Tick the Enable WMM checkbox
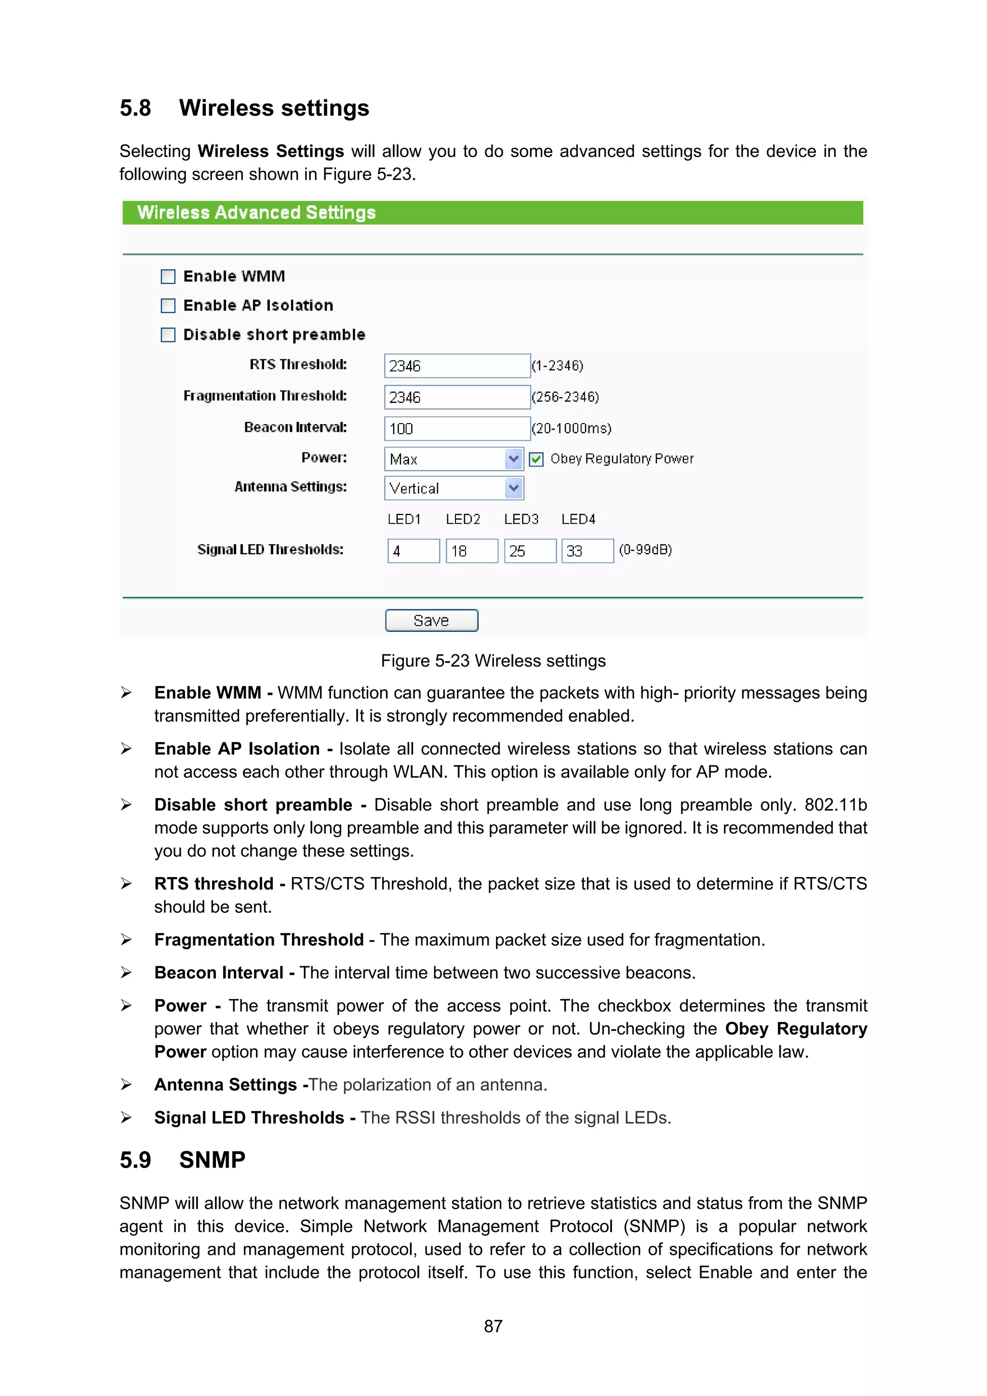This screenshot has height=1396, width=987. (168, 277)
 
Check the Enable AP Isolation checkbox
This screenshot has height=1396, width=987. (168, 306)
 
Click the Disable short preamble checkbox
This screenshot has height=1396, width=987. (168, 335)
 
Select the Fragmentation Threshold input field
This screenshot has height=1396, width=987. (457, 398)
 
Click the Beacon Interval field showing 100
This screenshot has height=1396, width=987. (457, 429)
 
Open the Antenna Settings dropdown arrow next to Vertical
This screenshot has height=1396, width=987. (514, 488)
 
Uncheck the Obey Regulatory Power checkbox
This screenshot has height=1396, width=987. (536, 460)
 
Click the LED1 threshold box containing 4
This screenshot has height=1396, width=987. (413, 551)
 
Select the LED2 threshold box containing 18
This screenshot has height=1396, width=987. (472, 551)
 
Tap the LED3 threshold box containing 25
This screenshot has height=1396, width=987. (530, 551)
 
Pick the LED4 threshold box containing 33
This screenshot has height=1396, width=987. (587, 551)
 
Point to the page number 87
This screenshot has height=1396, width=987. (493, 1326)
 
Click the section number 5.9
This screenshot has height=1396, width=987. (135, 1159)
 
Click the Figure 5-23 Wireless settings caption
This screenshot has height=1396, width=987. (493, 661)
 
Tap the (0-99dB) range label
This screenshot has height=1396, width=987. (645, 550)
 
